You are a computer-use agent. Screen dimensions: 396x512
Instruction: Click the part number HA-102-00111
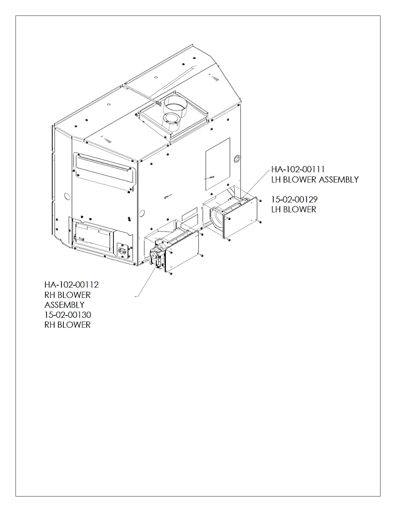298,169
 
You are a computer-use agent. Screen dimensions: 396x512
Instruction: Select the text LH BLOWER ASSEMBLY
315,179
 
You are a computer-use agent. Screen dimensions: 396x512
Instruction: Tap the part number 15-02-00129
294,199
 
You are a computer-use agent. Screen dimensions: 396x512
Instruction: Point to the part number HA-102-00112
71,285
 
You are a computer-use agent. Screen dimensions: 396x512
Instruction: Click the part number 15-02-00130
68,315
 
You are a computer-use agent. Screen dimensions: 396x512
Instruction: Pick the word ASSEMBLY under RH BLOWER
64,305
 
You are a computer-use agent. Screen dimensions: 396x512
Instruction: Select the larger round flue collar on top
175,106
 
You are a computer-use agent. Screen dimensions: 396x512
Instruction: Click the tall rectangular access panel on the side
218,164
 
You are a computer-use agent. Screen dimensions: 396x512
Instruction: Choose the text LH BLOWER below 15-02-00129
293,209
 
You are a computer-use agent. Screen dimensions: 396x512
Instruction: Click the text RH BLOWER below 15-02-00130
67,325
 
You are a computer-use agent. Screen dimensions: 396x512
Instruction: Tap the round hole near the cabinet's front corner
141,213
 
